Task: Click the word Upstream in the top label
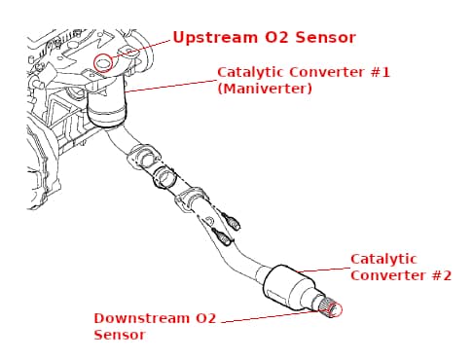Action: (x=216, y=38)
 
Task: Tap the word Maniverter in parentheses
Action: (x=265, y=89)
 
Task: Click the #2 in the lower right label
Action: (x=442, y=275)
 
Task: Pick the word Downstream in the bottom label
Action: (x=141, y=318)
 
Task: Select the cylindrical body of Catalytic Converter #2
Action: (x=284, y=286)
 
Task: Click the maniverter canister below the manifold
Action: (x=107, y=103)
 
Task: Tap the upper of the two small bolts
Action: (x=232, y=221)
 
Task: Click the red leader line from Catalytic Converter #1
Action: (x=170, y=86)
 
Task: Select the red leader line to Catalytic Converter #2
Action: (x=323, y=270)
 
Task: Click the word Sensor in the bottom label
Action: (x=120, y=335)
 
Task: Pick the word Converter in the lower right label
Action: (x=388, y=275)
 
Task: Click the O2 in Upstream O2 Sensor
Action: (x=276, y=38)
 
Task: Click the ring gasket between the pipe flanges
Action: (x=165, y=177)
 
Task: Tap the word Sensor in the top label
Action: (x=325, y=38)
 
